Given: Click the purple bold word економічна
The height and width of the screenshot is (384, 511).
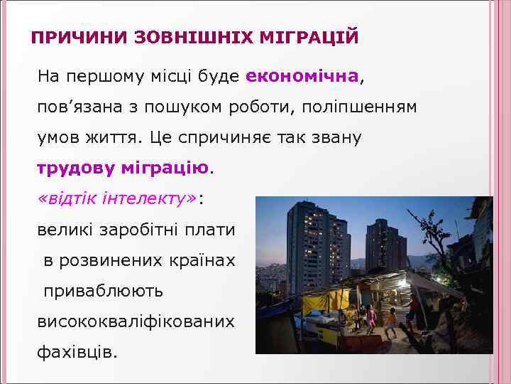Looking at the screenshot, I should [x=303, y=76].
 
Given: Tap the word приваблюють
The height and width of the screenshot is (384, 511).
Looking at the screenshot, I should [x=104, y=291].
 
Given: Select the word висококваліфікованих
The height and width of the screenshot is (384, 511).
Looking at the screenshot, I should [x=135, y=321].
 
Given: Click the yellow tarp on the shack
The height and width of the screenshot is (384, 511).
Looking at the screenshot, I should [x=317, y=302].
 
